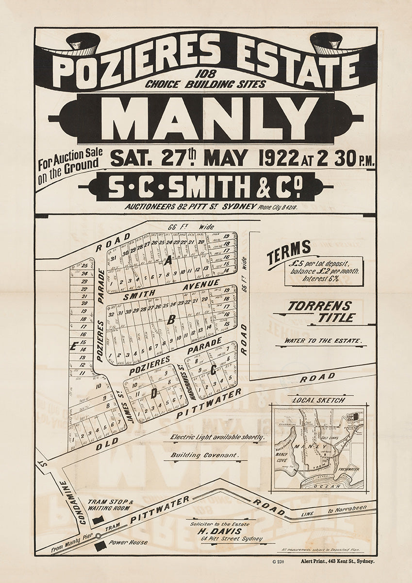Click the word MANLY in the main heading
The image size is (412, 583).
[x=206, y=119]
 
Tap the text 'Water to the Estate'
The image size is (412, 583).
[x=323, y=341]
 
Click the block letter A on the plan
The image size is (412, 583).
[x=168, y=261]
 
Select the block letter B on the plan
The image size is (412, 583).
[x=170, y=320]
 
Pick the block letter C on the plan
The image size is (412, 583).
[x=214, y=370]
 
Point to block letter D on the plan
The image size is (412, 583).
[x=153, y=394]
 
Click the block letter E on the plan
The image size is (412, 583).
[x=73, y=346]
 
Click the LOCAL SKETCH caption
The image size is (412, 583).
[x=319, y=400]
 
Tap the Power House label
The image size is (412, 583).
[x=129, y=542]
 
